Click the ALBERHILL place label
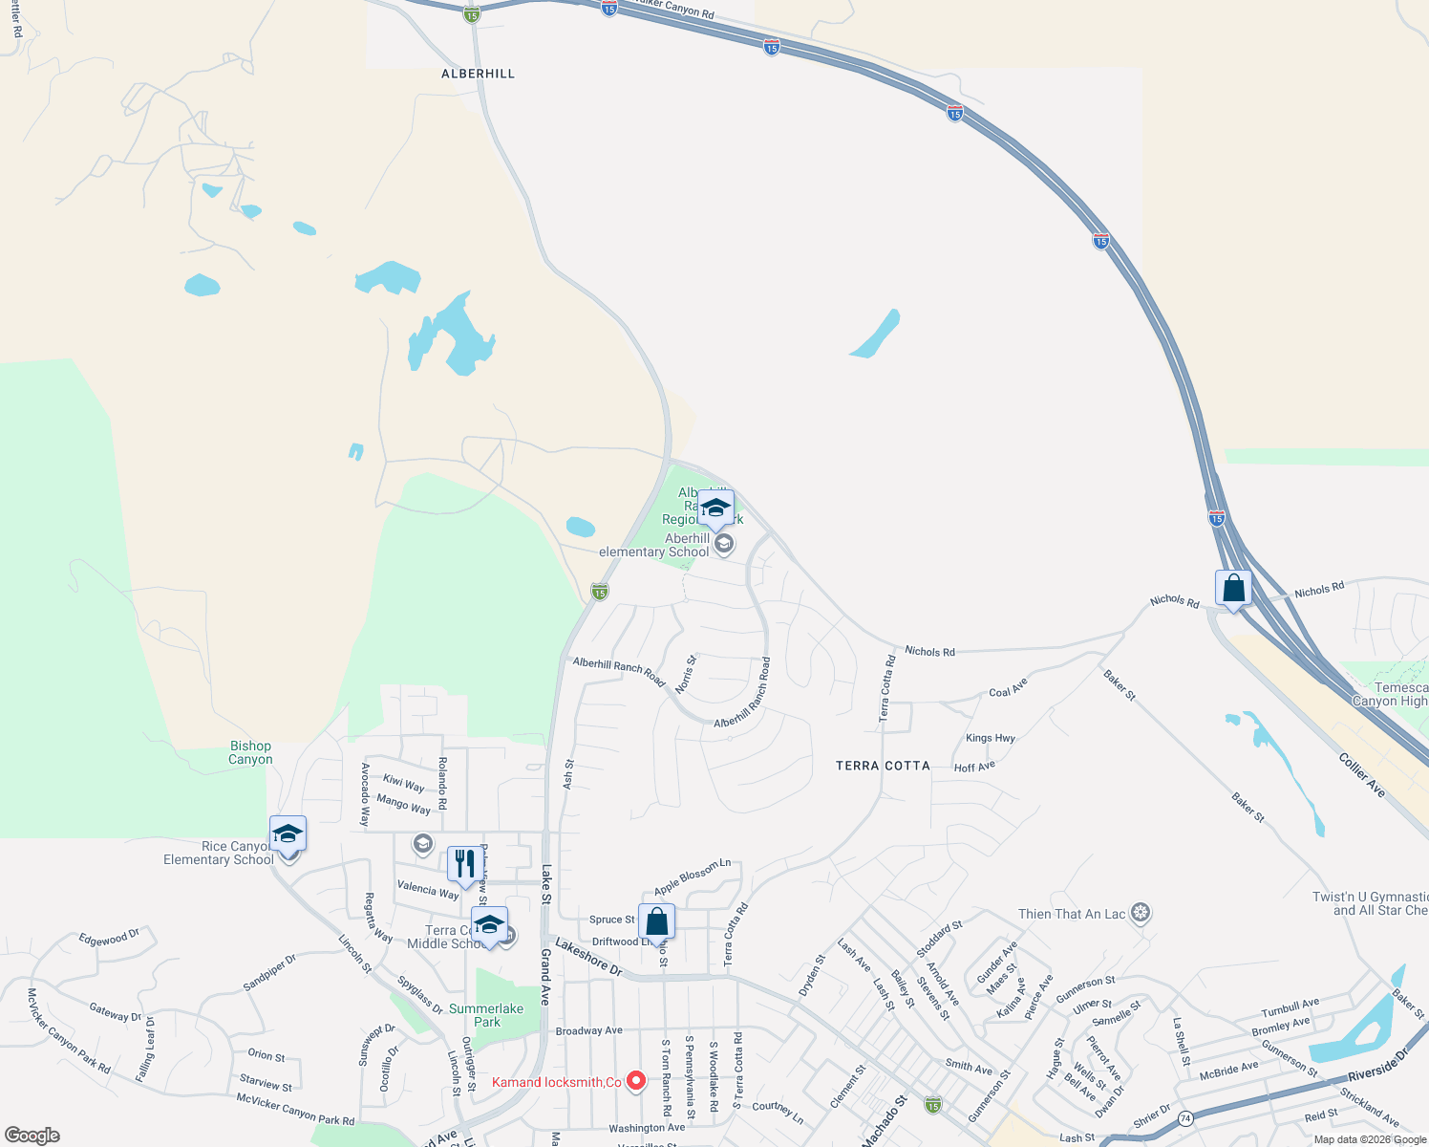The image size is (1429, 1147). (478, 74)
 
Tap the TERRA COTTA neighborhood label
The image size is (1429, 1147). (883, 766)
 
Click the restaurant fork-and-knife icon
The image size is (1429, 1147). (463, 864)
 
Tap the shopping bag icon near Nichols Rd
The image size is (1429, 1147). (1233, 588)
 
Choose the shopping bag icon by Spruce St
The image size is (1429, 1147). (656, 921)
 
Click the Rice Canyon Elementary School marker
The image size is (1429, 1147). (288, 834)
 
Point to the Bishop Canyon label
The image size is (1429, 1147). (250, 753)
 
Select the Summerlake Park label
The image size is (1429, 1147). (486, 1015)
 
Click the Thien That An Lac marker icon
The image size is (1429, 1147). (1140, 913)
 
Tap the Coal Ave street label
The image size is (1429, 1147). (1008, 687)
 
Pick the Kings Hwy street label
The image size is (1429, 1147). (991, 738)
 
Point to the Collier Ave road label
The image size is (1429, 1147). (1362, 775)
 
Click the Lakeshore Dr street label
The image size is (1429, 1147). (588, 956)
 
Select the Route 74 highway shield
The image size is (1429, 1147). (1185, 1117)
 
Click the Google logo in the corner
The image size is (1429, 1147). (32, 1135)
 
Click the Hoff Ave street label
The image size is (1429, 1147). (974, 767)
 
